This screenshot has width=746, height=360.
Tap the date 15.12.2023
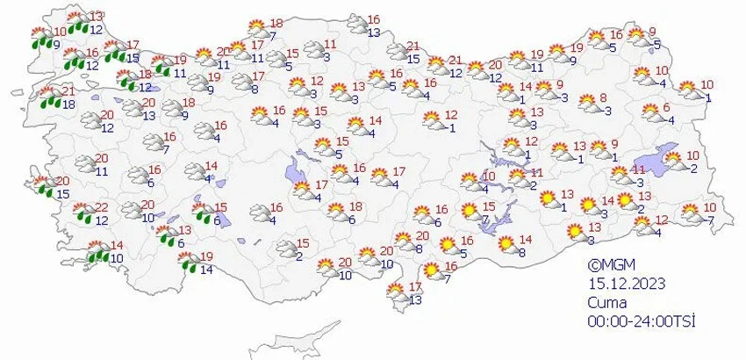627,283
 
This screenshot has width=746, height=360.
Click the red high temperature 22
103,206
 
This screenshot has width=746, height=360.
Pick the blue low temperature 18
68,105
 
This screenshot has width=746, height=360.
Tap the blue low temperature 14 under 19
206,270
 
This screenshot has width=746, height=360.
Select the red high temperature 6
668,108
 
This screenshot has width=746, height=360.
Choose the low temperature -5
656,43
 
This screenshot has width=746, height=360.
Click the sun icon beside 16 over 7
432,272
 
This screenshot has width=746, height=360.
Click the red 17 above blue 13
417,288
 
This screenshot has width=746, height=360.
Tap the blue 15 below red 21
412,59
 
